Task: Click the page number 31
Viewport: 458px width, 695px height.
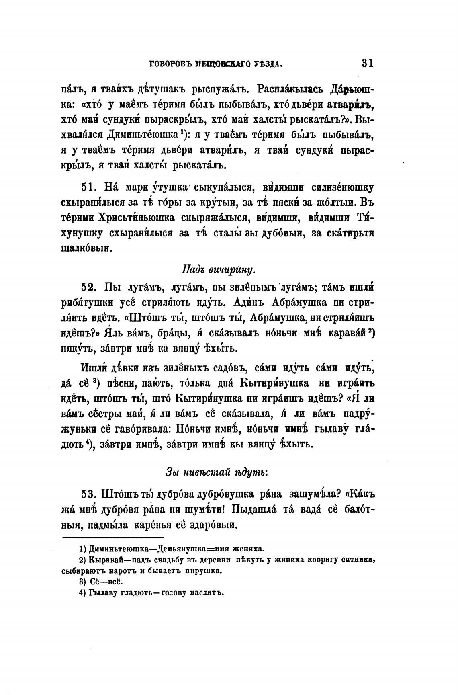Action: coord(368,63)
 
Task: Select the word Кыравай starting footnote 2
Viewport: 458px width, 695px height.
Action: coord(106,560)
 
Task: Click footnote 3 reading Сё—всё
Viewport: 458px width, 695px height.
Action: coord(100,582)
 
